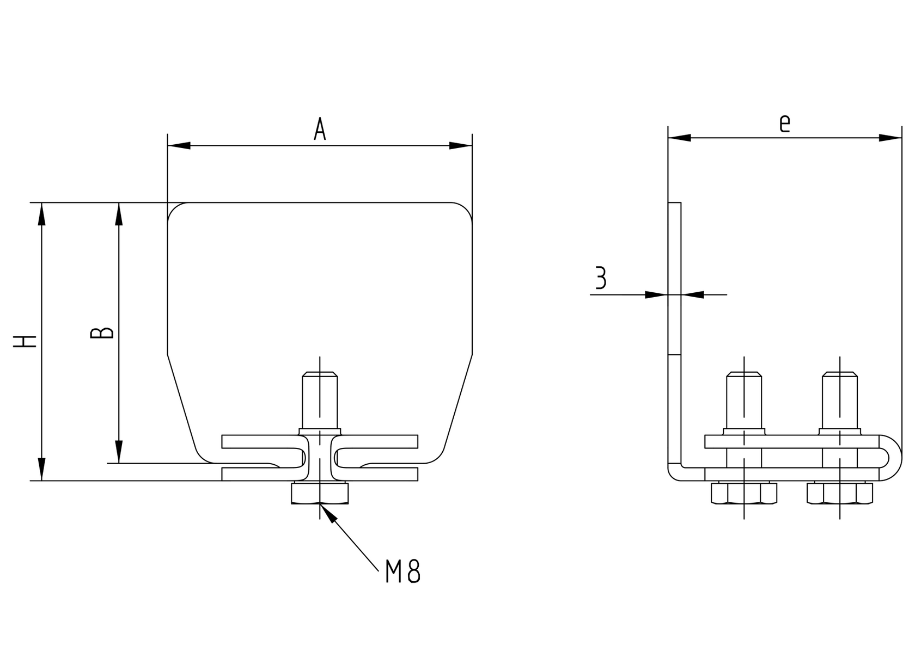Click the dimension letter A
pyautogui.click(x=320, y=130)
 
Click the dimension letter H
pyautogui.click(x=26, y=341)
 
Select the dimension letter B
pyautogui.click(x=102, y=333)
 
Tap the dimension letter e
pyautogui.click(x=784, y=124)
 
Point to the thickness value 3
pyautogui.click(x=600, y=278)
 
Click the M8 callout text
pyautogui.click(x=402, y=571)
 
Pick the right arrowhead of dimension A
pyautogui.click(x=461, y=145)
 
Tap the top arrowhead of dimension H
pyautogui.click(x=41, y=213)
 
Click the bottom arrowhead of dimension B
pyautogui.click(x=119, y=452)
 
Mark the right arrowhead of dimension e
pyautogui.click(x=890, y=138)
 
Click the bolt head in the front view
pyautogui.click(x=320, y=494)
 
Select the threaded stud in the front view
pyautogui.click(x=320, y=400)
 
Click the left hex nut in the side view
pyautogui.click(x=744, y=493)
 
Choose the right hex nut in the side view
pyautogui.click(x=840, y=493)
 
